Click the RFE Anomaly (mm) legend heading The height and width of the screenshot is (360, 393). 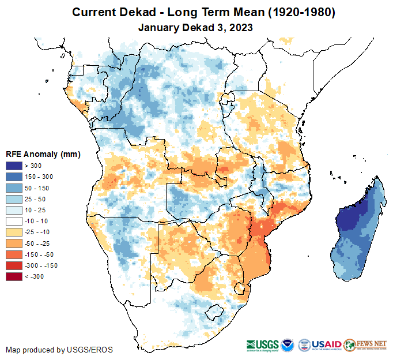[43, 154]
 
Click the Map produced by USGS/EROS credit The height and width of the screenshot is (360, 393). [59, 350]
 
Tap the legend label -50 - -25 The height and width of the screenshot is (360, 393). [39, 243]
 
